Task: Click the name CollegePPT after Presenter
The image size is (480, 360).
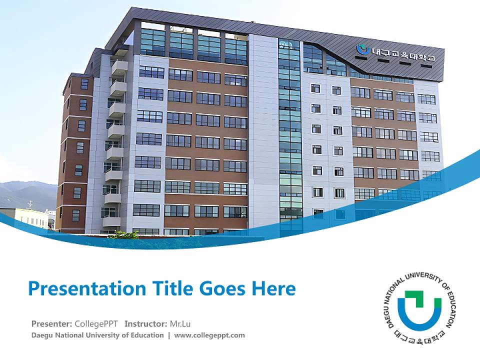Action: pos(96,323)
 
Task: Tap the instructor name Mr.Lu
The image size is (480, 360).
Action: pos(180,323)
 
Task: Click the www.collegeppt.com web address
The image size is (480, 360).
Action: pos(209,335)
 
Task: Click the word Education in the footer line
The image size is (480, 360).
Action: pos(146,335)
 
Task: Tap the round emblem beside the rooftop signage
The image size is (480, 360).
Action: pos(362,49)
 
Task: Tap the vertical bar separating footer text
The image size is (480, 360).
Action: pos(169,335)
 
